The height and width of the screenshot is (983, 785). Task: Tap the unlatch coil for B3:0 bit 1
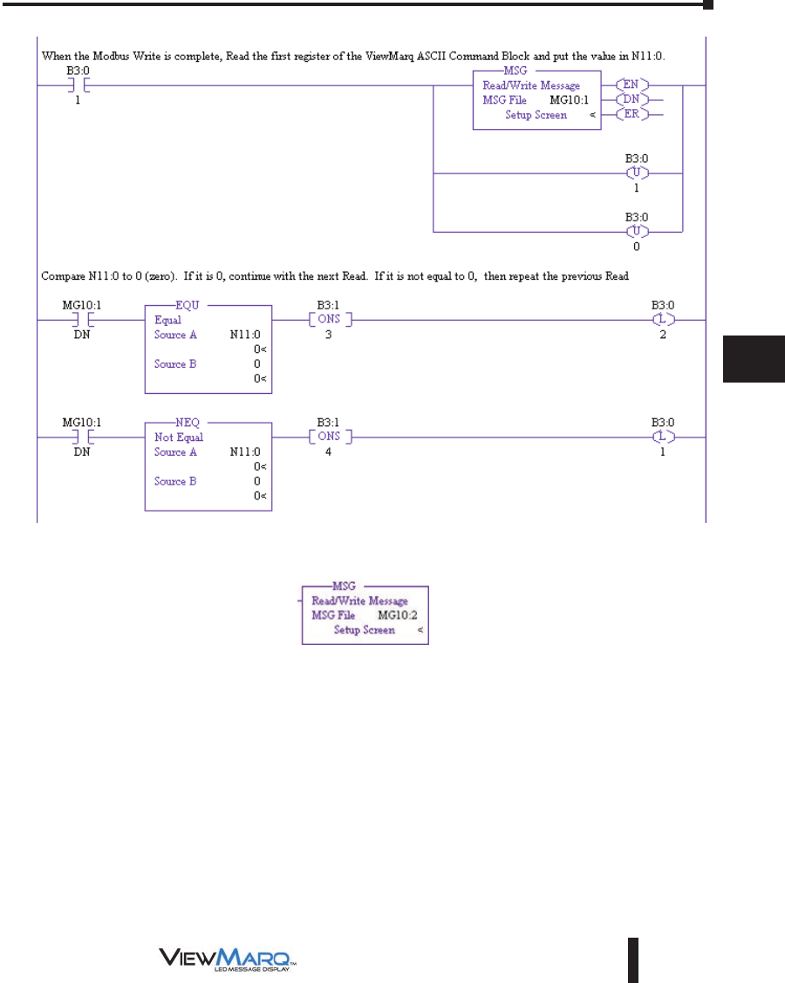click(642, 173)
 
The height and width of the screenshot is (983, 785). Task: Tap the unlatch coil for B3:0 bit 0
click(642, 232)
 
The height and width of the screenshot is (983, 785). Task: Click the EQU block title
click(208, 306)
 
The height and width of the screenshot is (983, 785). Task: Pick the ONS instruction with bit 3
click(328, 319)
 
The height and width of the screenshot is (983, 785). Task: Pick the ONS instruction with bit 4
click(328, 436)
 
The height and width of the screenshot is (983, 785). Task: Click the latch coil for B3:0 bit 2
click(663, 319)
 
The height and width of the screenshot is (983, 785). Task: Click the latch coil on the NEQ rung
click(663, 436)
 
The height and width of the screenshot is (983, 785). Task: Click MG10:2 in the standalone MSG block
click(397, 615)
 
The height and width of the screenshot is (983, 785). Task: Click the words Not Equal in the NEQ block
click(179, 437)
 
